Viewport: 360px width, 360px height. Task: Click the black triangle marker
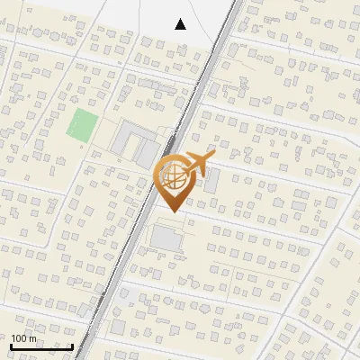pyautogui.click(x=181, y=24)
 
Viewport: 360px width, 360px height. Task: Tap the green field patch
pyautogui.click(x=83, y=124)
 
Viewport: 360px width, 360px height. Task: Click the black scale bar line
pyautogui.click(x=41, y=346)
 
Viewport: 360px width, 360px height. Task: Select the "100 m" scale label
pyautogui.click(x=24, y=338)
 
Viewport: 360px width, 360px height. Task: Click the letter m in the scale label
pyautogui.click(x=33, y=338)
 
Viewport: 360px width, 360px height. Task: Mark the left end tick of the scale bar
pyautogui.click(x=11, y=345)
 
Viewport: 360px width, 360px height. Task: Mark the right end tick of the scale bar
pyautogui.click(x=72, y=345)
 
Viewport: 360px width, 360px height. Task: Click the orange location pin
pyautogui.click(x=175, y=180)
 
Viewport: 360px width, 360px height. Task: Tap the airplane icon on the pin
pyautogui.click(x=198, y=164)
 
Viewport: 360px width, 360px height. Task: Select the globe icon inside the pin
pyautogui.click(x=175, y=176)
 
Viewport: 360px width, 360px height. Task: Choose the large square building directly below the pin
pyautogui.click(x=166, y=238)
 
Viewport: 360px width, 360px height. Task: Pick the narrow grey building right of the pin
pyautogui.click(x=212, y=180)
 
